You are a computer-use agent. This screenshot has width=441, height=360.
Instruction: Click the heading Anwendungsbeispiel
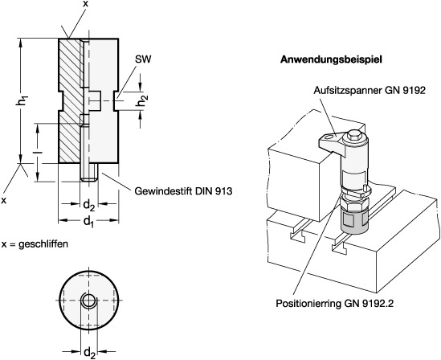tap(331, 60)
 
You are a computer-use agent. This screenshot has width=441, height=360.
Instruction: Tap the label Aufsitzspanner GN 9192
tap(370, 90)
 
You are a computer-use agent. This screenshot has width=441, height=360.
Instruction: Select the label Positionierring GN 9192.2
tap(334, 304)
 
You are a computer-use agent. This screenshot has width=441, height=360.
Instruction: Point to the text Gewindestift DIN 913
tap(184, 191)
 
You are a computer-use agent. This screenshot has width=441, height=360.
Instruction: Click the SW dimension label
tap(143, 59)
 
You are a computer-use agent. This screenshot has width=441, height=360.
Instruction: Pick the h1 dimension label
tap(22, 101)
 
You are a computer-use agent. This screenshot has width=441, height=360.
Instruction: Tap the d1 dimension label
tap(88, 222)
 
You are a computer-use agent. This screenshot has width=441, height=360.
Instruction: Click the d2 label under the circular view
tap(89, 353)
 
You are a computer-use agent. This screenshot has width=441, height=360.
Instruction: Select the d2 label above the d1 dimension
tap(89, 206)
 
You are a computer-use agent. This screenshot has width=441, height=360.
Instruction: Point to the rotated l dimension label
tap(38, 152)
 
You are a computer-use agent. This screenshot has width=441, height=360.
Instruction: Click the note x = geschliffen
tap(35, 243)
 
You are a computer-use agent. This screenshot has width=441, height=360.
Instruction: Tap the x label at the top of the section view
tap(85, 4)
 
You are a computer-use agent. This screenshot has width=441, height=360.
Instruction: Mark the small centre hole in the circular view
tap(88, 301)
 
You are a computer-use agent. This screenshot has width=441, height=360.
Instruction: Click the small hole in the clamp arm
tap(329, 137)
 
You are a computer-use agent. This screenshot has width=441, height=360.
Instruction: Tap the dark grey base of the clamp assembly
tap(354, 223)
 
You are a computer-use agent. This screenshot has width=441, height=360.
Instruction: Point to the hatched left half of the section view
tap(71, 100)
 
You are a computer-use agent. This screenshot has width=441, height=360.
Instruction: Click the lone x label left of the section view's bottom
tap(4, 200)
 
